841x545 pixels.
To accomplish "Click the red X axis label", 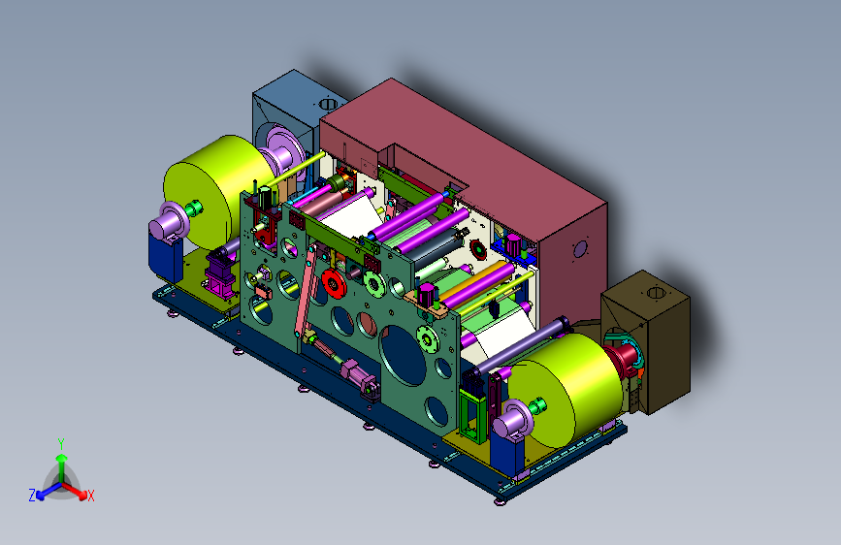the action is (90, 496).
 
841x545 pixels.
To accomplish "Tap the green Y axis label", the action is (61, 444).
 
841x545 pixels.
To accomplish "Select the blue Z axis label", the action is (32, 496).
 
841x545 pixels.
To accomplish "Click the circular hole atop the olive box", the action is (656, 292).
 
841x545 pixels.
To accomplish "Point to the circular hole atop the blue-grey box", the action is (327, 103).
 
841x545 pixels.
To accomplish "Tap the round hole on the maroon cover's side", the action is (580, 249).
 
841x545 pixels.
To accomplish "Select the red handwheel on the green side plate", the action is (334, 283).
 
